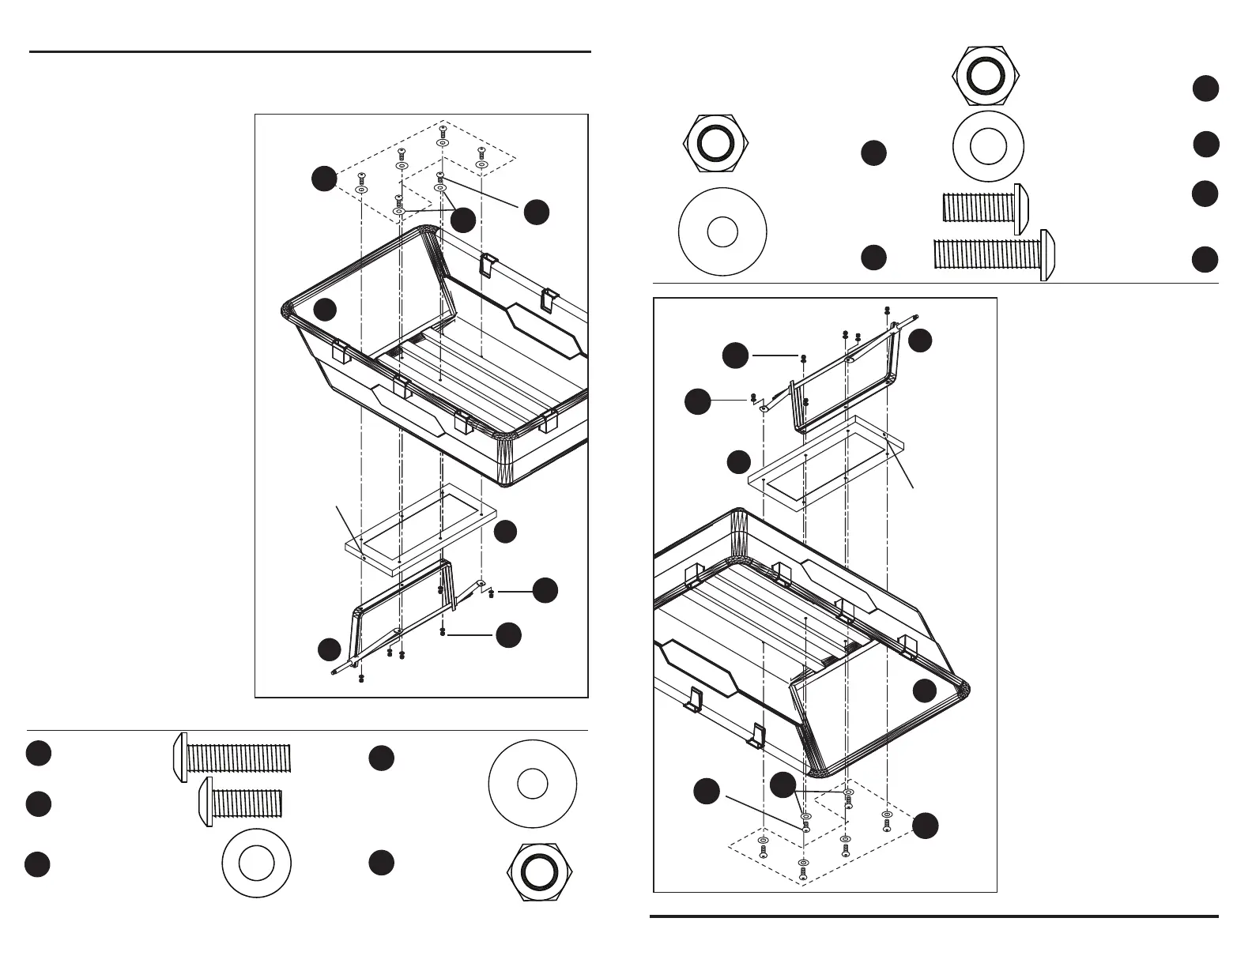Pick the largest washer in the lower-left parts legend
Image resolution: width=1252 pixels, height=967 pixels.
[x=533, y=784]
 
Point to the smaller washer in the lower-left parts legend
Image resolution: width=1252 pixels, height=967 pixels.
[x=257, y=864]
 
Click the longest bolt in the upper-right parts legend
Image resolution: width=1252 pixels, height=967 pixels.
[x=996, y=255]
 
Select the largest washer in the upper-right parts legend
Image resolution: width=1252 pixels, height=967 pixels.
[x=722, y=232]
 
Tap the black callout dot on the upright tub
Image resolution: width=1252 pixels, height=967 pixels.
[x=325, y=309]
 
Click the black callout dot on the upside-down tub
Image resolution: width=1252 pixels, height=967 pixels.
[x=925, y=691]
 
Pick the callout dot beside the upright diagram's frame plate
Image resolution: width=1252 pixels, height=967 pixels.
[x=506, y=532]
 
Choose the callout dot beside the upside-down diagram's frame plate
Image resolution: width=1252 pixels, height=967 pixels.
[x=738, y=462]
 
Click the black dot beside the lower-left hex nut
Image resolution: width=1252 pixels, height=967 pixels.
[x=381, y=864]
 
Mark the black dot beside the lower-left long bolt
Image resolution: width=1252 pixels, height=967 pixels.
[x=38, y=753]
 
